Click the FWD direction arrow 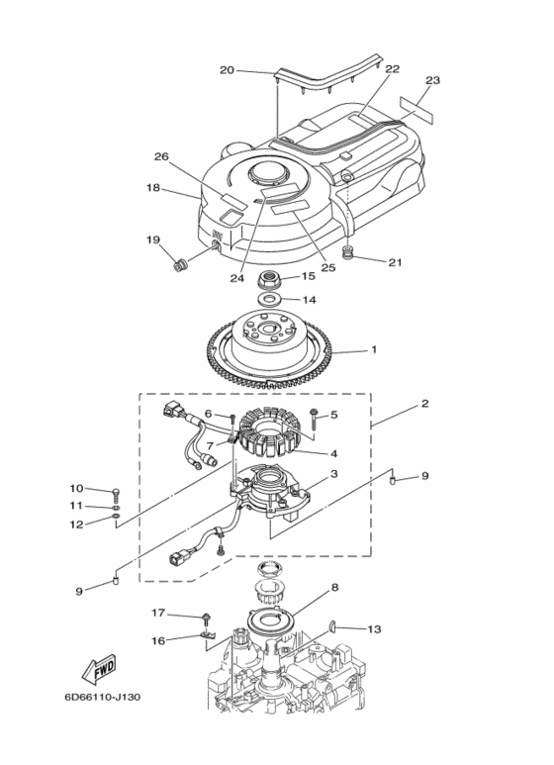tap(99, 667)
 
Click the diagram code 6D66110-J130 tap(103, 697)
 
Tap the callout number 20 tap(227, 70)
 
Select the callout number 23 tap(432, 80)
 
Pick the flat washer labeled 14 tap(269, 299)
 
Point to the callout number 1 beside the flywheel tap(374, 349)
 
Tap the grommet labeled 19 tap(180, 266)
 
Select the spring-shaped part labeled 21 tap(346, 252)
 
